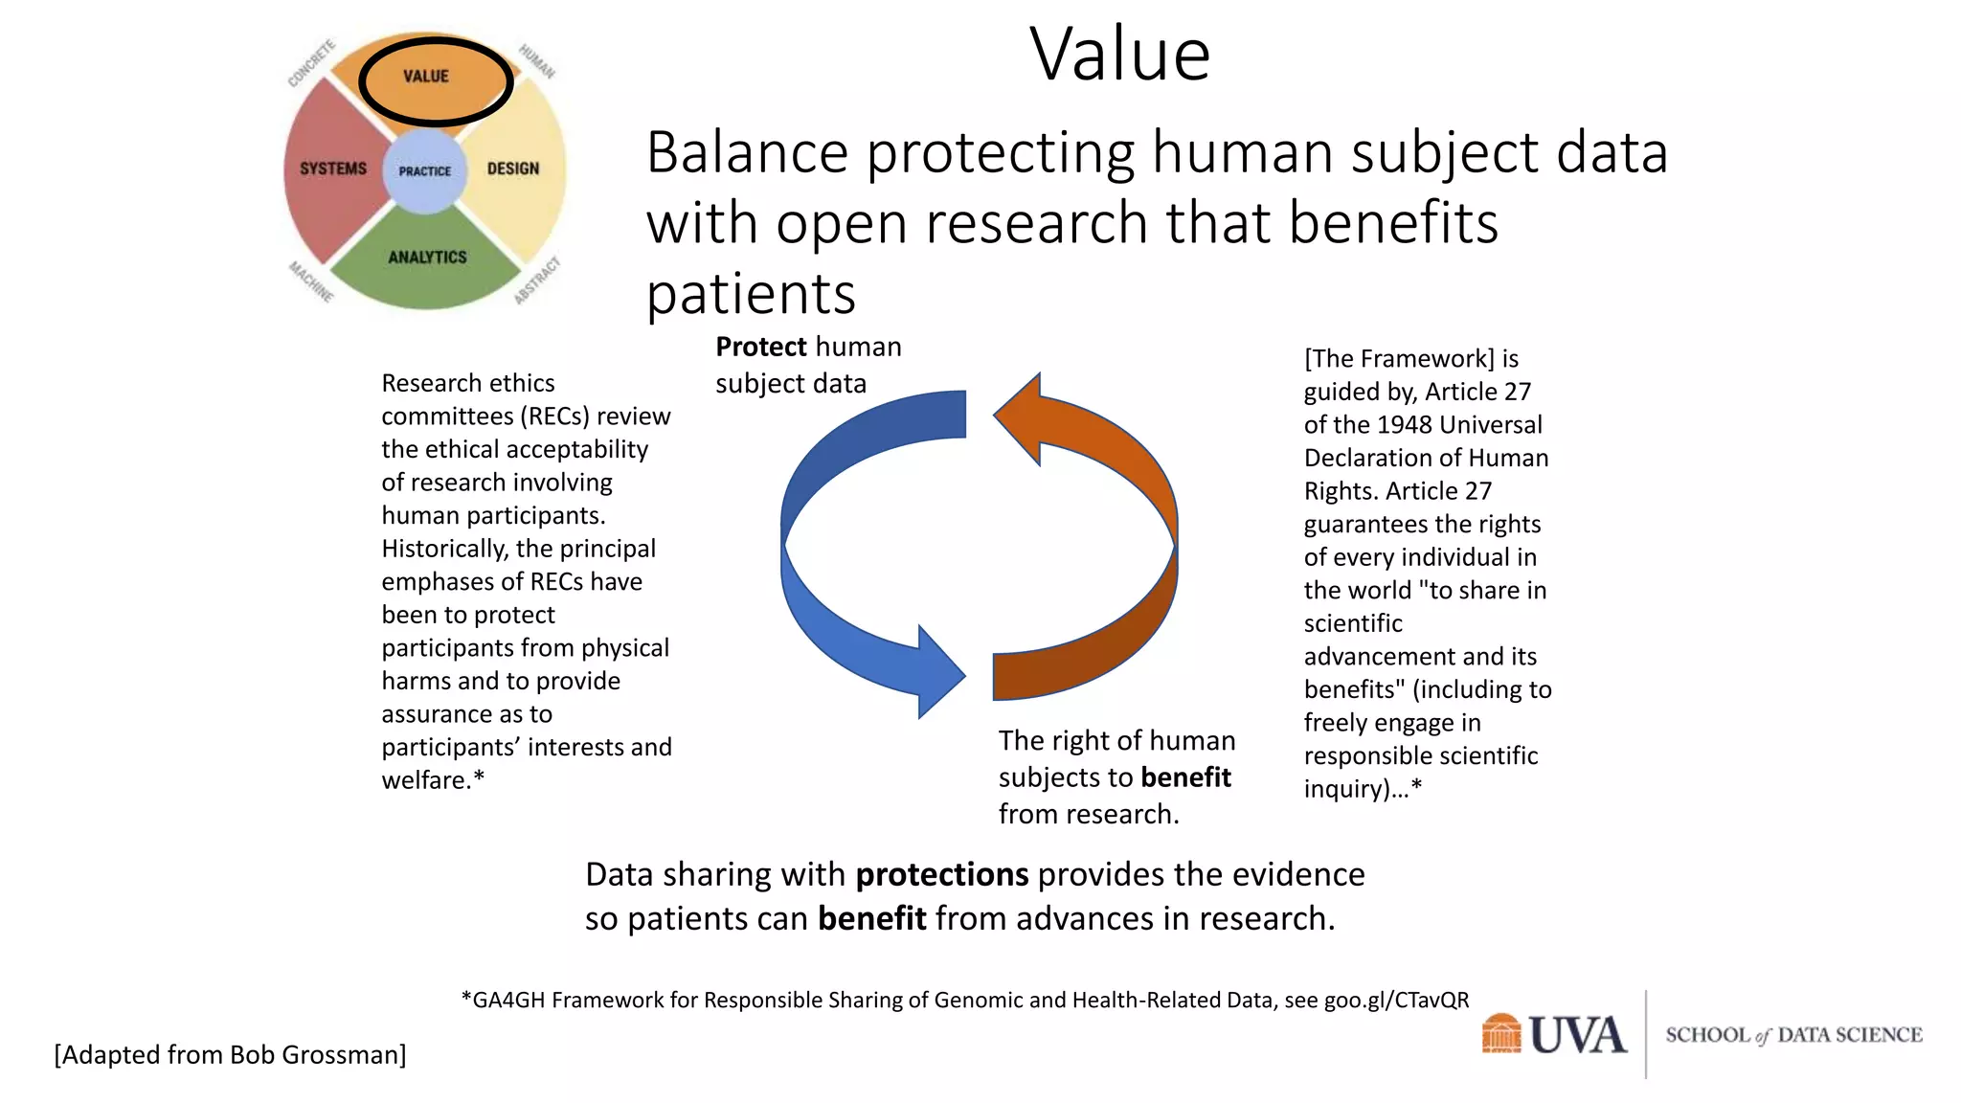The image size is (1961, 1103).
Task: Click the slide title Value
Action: point(1119,55)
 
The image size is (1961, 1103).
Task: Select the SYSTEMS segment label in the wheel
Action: point(333,169)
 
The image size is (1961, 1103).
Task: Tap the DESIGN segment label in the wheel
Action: point(513,169)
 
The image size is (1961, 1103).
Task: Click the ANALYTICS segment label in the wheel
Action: point(427,257)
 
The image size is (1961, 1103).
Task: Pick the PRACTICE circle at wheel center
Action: point(424,171)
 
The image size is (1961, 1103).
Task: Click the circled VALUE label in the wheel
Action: point(426,77)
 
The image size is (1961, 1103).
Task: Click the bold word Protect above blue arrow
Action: point(761,347)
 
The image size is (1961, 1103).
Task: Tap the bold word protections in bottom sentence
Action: point(941,874)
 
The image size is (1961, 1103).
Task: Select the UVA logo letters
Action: point(1577,1035)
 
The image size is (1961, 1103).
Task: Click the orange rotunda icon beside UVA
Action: point(1500,1034)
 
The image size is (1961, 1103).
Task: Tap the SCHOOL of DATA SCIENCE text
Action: point(1792,1035)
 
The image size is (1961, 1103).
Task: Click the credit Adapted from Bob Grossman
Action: point(230,1054)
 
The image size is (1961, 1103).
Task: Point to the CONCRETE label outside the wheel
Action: point(312,62)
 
